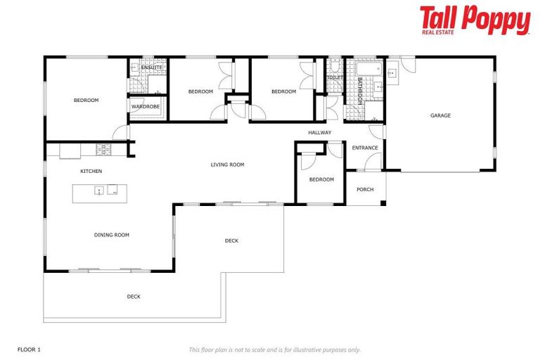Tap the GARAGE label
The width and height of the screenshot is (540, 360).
pos(440,115)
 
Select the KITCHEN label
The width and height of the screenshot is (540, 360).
pos(91,172)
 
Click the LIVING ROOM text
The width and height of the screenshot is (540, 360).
pos(227,165)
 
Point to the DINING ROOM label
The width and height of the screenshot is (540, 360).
pos(112,235)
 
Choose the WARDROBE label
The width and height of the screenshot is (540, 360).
pos(146,106)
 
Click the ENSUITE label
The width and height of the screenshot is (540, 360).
pos(151,67)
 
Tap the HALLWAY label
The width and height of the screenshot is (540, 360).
pos(319,132)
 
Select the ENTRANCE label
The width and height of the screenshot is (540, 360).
pos(365,148)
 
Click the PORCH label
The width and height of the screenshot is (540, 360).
pos(365,190)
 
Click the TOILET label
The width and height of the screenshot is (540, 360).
pos(335,77)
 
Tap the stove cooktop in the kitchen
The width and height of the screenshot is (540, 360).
pos(104,149)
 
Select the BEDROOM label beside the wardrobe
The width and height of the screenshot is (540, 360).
pos(86,101)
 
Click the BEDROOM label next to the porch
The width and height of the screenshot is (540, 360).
pos(321,180)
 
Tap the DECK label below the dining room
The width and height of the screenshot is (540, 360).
pos(134,297)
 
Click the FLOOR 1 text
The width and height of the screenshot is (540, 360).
pos(29,349)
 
